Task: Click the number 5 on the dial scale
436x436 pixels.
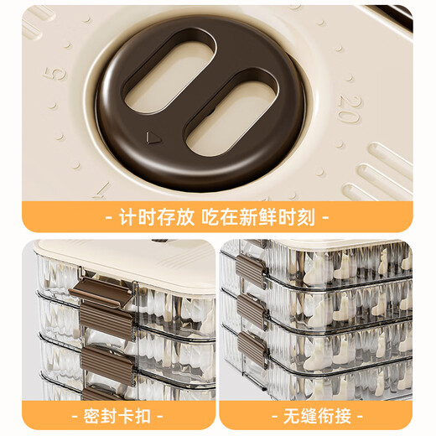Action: pos(57,72)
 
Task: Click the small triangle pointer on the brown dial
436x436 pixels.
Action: pos(152,137)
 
